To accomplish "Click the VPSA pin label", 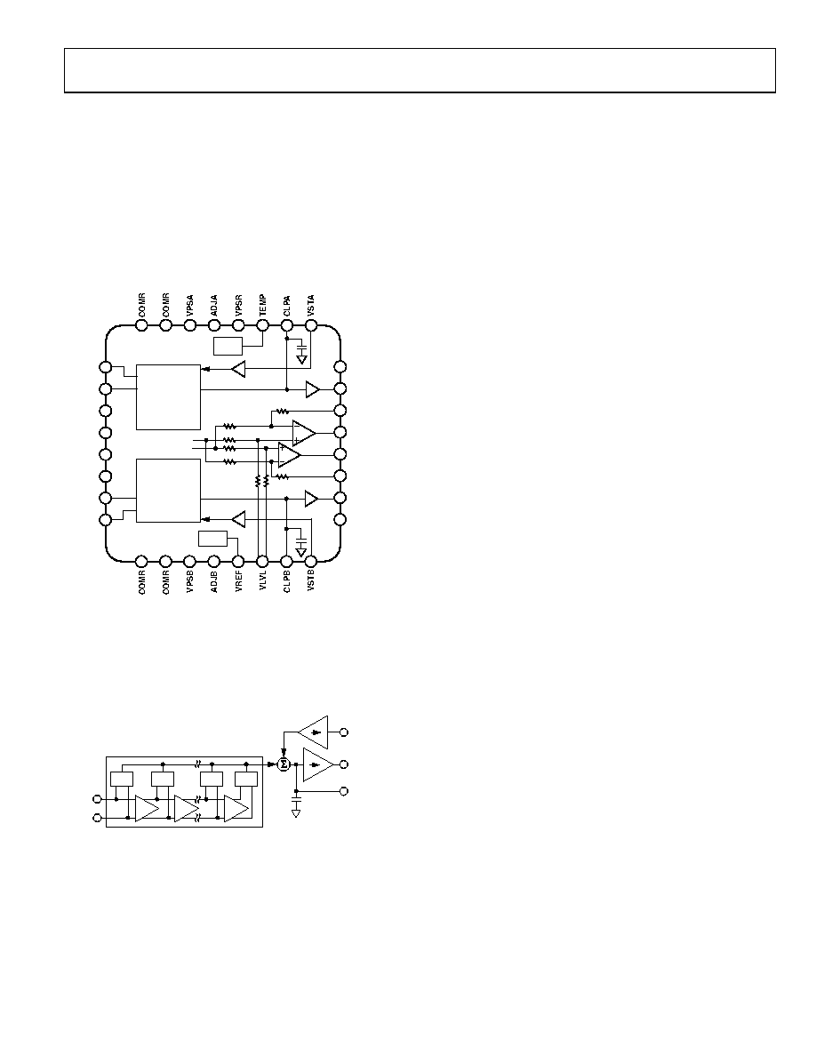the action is point(190,306).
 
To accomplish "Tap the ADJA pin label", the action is point(214,306).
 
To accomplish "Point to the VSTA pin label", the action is point(311,306).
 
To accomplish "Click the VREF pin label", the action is point(238,580).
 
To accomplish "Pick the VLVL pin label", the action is point(262,580).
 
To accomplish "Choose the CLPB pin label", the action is point(287,580).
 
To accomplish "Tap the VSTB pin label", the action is point(311,580).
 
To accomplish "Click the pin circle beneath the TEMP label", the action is point(262,325).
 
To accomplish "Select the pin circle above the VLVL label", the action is point(262,561).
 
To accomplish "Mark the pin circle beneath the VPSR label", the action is point(238,325).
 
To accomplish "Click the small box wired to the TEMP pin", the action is point(228,346).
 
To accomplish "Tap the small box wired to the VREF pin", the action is point(213,539).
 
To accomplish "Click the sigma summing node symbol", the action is point(284,764).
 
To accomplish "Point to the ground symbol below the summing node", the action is point(296,813).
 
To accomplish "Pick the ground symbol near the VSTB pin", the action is point(301,552).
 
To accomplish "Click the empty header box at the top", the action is point(420,70).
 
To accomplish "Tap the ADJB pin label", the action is point(214,580).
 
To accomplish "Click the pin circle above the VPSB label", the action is point(190,561).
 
